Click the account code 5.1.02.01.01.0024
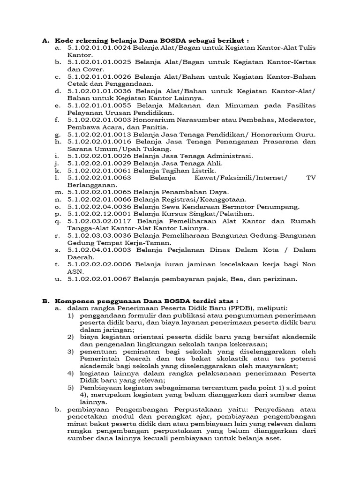pyautogui.click(x=99, y=48)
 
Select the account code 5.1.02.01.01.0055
pyautogui.click(x=99, y=106)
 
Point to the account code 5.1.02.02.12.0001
pyautogui.click(x=99, y=214)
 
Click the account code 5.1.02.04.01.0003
pyautogui.click(x=99, y=250)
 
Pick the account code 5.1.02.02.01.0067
pyautogui.click(x=99, y=279)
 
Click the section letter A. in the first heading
pyautogui.click(x=46, y=40)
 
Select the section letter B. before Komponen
pyautogui.click(x=46, y=301)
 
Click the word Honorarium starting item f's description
pyautogui.click(x=154, y=120)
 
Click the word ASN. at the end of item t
pyautogui.click(x=75, y=271)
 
